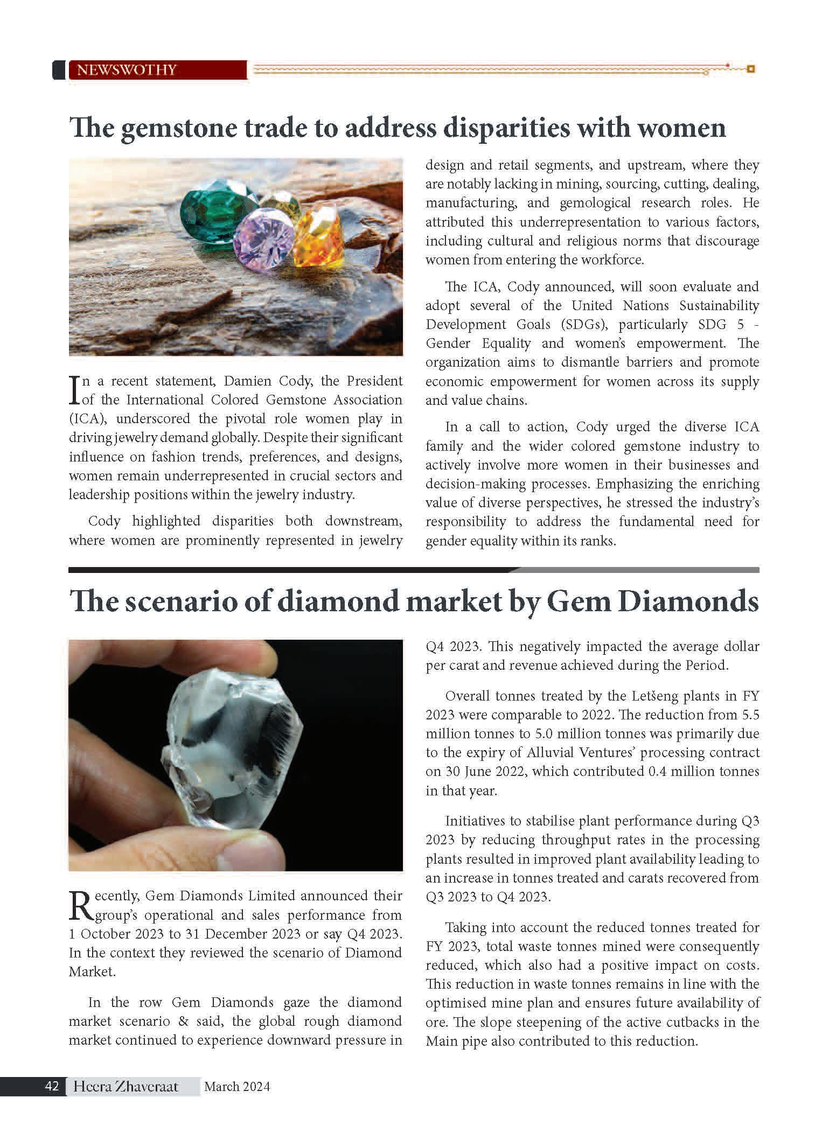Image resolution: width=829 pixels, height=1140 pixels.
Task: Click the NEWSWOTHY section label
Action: coord(127,70)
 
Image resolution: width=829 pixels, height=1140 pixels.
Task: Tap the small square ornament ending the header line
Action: coord(751,69)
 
